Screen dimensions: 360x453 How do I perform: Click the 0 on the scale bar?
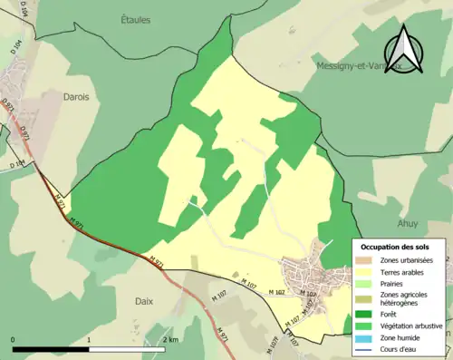pos(14,340)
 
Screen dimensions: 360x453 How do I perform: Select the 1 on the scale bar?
pos(89,340)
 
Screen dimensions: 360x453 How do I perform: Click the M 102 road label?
pos(277,291)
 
